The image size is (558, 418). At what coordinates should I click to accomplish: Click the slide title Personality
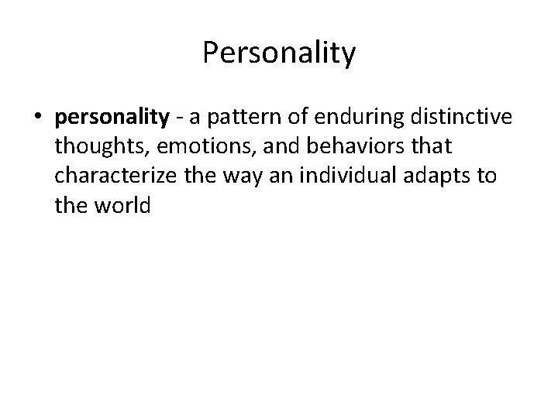279,53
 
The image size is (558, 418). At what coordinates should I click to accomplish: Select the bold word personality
112,118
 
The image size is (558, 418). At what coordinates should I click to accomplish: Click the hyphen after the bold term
177,118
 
